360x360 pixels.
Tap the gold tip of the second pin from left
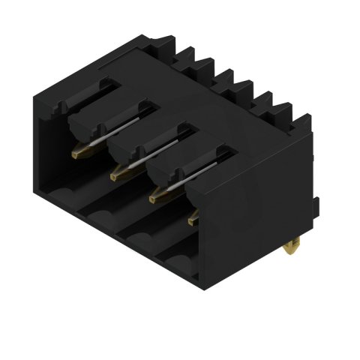coord(116,175)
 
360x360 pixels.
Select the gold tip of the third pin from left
coord(155,197)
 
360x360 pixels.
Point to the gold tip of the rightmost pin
coord(193,220)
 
